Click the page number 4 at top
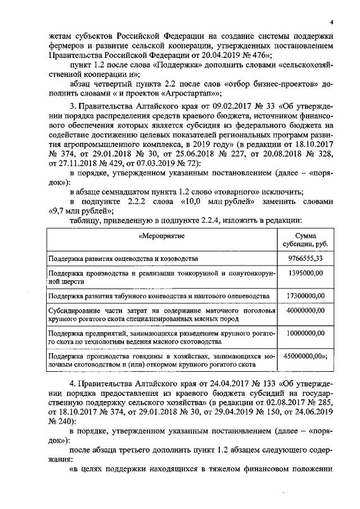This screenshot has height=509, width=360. (x=332, y=22)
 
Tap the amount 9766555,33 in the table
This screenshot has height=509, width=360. (x=305, y=259)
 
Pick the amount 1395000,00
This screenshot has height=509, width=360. (x=305, y=273)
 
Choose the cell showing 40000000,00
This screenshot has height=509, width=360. (x=305, y=310)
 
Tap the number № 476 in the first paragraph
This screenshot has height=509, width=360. (x=257, y=55)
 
